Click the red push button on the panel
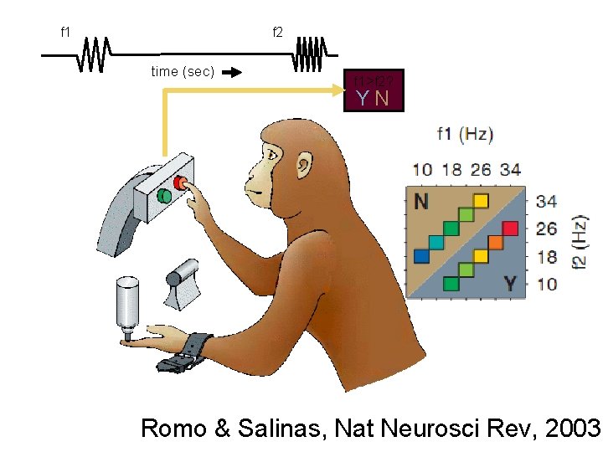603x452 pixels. (179, 182)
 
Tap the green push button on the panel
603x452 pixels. (165, 196)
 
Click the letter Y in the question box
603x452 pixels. (362, 99)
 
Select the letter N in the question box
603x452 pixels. (382, 99)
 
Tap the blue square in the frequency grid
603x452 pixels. (421, 254)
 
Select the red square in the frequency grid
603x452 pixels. (511, 229)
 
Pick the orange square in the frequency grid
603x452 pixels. (496, 242)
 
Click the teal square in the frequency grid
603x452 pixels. (436, 241)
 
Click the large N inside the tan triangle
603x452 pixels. (422, 202)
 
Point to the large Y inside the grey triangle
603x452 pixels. (510, 283)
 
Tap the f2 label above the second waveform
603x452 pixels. (277, 33)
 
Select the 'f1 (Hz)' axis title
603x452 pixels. (465, 133)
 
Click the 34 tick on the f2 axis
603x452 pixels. (547, 201)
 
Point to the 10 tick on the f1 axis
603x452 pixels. (422, 170)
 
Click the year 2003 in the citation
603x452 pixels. (573, 429)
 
